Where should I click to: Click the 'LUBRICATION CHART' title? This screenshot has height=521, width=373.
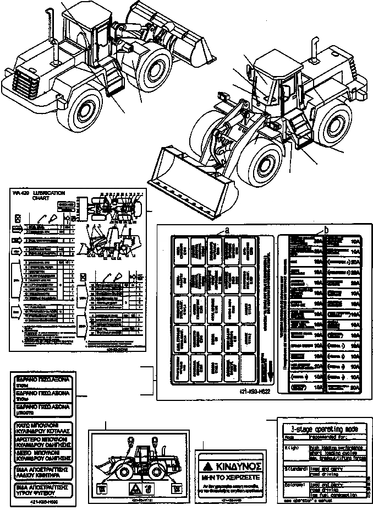(50, 196)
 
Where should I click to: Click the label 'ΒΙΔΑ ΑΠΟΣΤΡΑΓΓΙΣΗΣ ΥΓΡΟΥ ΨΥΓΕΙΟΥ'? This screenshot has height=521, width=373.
(42, 490)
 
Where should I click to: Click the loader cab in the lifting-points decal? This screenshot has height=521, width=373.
(141, 454)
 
